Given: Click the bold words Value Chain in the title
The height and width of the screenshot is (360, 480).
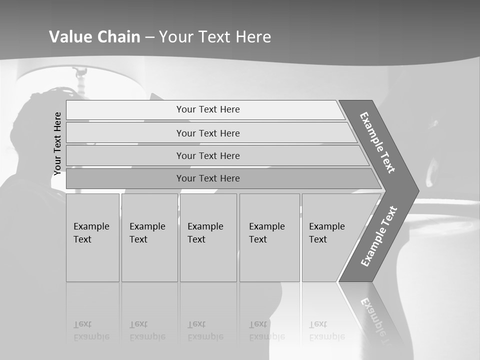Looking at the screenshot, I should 94,37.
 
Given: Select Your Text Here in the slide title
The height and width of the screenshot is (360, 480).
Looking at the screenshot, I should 215,37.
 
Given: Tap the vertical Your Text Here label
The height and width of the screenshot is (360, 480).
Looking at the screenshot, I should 57,143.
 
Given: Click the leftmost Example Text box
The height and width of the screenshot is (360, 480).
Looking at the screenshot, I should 92,237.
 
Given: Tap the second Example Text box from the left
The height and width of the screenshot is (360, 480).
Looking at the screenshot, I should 149,237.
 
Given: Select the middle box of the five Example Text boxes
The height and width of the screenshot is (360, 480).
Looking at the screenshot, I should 208,237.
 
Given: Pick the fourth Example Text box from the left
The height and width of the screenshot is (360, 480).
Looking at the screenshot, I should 269,237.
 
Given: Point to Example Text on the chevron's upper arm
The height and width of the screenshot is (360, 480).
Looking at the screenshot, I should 377,142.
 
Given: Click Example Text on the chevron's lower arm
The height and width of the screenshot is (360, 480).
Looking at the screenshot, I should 378,236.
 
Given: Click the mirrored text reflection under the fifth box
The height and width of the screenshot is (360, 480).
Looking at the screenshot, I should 327,330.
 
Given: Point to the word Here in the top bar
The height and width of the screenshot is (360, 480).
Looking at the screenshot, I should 229,109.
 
